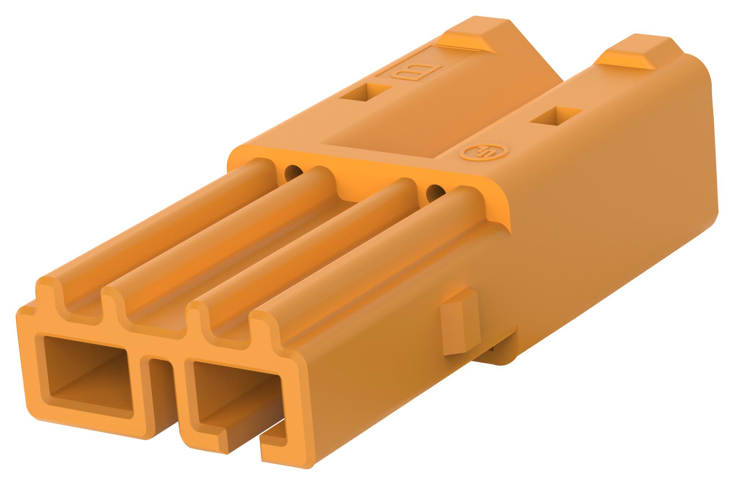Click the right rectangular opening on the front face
click(x=235, y=386)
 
